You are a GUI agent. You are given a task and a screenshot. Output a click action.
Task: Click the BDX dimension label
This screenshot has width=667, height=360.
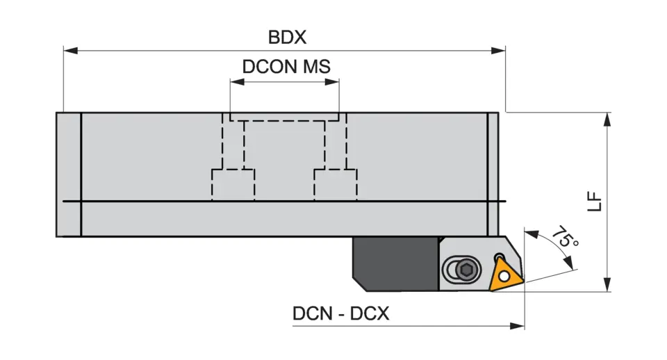click(x=287, y=36)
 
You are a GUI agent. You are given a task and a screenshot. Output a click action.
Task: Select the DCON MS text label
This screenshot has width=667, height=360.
click(x=286, y=67)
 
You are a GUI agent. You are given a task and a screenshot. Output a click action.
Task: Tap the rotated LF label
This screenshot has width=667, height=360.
click(x=593, y=202)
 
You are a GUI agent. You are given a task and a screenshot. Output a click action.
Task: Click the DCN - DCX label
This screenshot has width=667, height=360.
click(x=340, y=313)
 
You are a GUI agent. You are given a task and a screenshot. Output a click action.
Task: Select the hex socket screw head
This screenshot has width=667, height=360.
click(x=466, y=270)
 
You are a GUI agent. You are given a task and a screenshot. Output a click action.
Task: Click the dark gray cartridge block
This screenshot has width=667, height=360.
click(x=393, y=263)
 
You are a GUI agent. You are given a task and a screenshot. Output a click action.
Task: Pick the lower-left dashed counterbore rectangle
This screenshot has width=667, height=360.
click(x=233, y=185)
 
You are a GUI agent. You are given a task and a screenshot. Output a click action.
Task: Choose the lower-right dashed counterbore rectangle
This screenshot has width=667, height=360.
click(x=336, y=185)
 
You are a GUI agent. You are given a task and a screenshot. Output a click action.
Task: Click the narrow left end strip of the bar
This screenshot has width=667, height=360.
click(x=68, y=174)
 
